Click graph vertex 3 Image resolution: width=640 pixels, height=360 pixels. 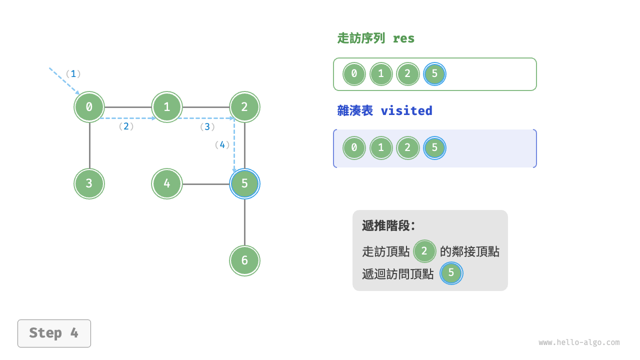click(x=89, y=183)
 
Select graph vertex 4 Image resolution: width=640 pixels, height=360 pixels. click(x=167, y=183)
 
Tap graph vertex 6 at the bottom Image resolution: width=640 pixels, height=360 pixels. click(x=244, y=260)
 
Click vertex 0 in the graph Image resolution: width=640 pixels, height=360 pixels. click(x=89, y=106)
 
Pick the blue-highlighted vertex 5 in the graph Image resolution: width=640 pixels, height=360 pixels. click(x=244, y=183)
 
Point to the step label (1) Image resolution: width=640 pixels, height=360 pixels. click(x=73, y=73)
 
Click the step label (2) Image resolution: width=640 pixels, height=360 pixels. click(x=126, y=126)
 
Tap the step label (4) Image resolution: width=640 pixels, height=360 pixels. click(x=222, y=145)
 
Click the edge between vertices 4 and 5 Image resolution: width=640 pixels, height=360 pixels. click(x=206, y=183)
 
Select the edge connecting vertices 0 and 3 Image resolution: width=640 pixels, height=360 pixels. click(x=89, y=145)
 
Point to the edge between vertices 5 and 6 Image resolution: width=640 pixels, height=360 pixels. click(x=244, y=222)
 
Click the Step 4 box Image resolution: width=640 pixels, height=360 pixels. click(x=54, y=333)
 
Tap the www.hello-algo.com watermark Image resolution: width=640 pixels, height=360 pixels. click(x=579, y=342)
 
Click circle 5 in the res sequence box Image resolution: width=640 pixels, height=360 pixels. click(x=434, y=74)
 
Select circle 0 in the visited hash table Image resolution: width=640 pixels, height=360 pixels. click(x=354, y=148)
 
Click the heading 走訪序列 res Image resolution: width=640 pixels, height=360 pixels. click(x=376, y=38)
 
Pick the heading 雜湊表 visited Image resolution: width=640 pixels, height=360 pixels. click(x=384, y=110)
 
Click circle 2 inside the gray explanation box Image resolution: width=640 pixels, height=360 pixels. click(x=424, y=250)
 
